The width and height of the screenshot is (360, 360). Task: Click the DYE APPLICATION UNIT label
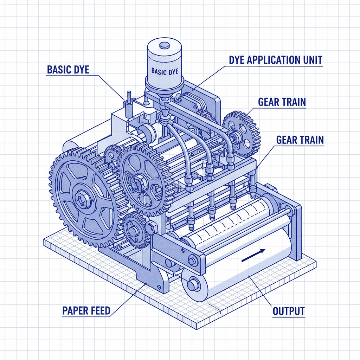coord(275,60)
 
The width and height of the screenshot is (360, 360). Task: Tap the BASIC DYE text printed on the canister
coord(164,71)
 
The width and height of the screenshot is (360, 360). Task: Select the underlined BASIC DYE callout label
coord(68,70)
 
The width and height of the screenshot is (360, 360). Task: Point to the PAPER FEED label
coord(86,311)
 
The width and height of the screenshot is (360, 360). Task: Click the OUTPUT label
coord(289,311)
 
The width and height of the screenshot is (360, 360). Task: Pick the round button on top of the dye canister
coord(164,45)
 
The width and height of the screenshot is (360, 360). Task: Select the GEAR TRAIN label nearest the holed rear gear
coord(282,102)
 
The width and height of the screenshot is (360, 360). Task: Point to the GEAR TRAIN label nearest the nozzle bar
coord(300,140)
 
